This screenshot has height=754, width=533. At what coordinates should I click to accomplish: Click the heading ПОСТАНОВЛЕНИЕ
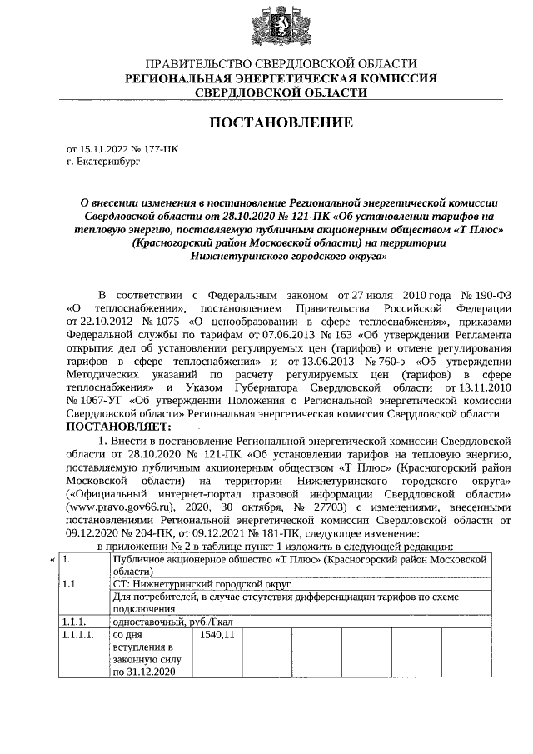(x=280, y=122)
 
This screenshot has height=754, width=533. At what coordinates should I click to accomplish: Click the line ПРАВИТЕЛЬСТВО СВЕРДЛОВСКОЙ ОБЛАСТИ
(x=280, y=64)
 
